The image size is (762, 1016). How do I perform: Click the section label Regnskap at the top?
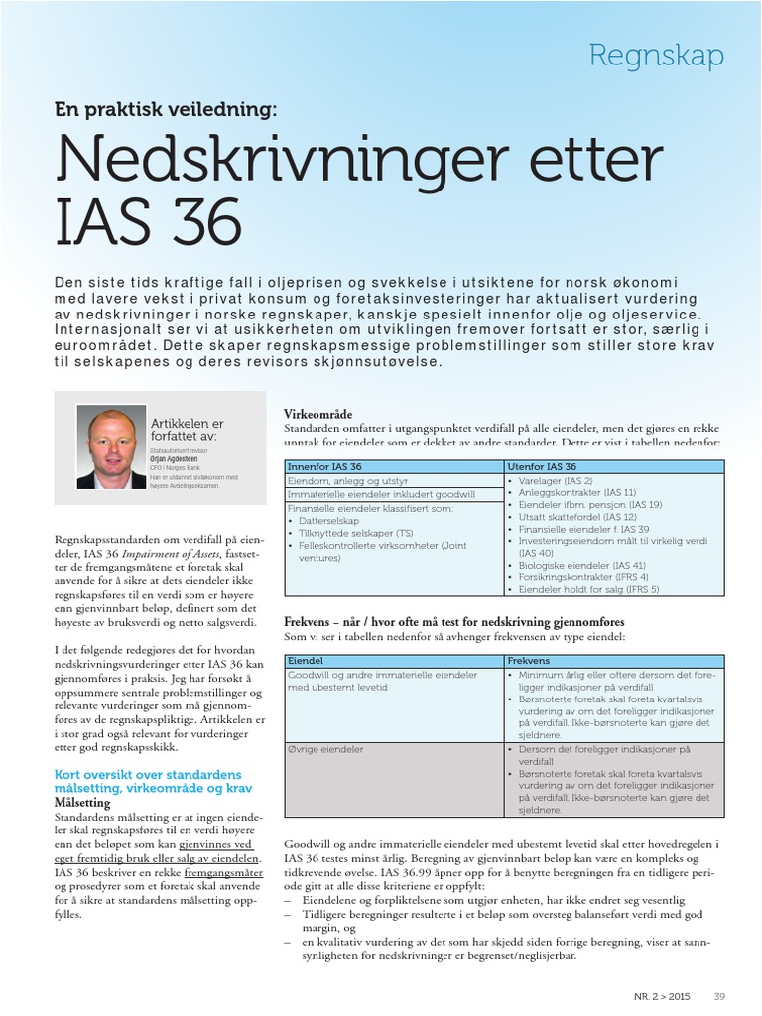point(656,56)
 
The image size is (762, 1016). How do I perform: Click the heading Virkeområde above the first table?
point(317,413)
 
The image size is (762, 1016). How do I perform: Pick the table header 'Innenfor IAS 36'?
point(323,466)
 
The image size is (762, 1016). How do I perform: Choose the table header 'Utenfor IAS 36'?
point(542,466)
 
